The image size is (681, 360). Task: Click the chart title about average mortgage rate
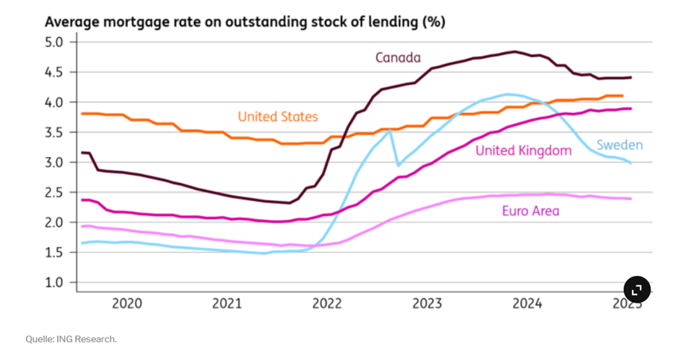(x=245, y=22)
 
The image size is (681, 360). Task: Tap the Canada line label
(x=398, y=58)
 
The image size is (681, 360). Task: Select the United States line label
(x=277, y=117)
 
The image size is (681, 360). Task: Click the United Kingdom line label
(x=523, y=151)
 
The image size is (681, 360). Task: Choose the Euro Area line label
(x=530, y=211)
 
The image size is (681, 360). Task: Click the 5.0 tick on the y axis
(x=55, y=42)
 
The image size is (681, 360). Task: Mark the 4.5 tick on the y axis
(x=55, y=72)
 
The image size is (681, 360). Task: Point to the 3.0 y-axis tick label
(x=55, y=162)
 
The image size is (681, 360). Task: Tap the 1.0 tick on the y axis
(x=55, y=283)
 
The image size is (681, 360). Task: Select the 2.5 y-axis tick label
(x=55, y=193)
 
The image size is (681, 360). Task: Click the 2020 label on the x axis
(x=126, y=303)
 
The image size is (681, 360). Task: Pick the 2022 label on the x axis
(x=327, y=303)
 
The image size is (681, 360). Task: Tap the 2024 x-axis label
(x=527, y=303)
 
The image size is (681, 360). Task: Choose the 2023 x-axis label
(x=427, y=303)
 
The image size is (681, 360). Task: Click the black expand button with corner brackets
(x=637, y=289)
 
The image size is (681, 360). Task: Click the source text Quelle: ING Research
(x=71, y=339)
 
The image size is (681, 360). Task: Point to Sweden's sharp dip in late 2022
(x=398, y=164)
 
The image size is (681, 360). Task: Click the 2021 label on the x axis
(x=227, y=303)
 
